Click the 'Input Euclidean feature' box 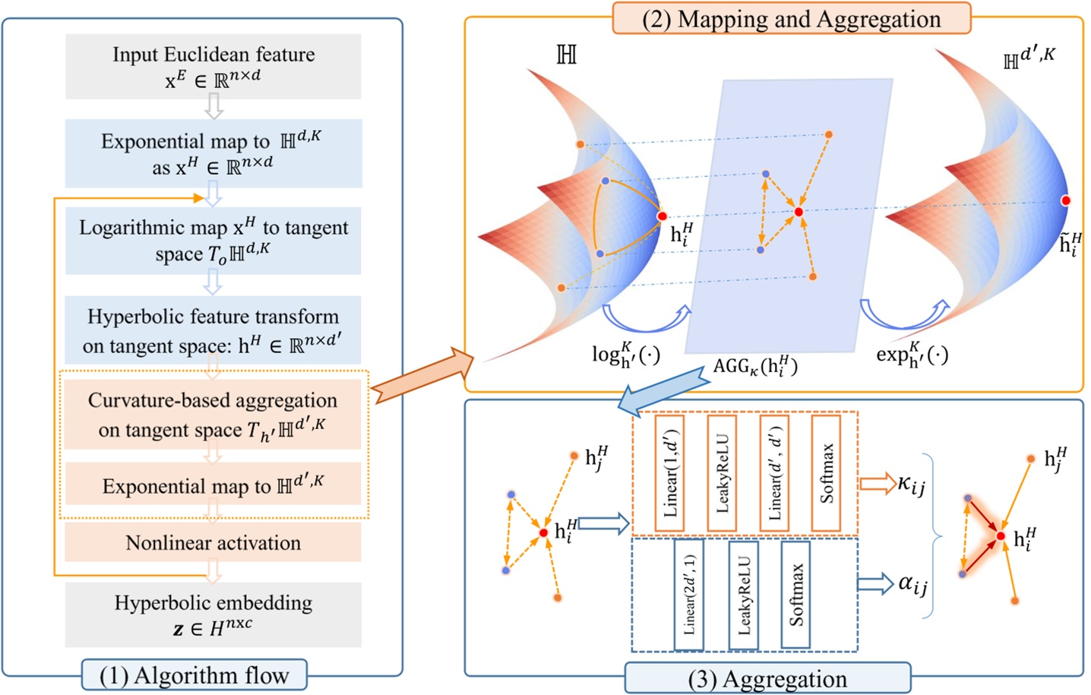click(213, 66)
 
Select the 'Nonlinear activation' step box click(213, 543)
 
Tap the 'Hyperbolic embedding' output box click(213, 614)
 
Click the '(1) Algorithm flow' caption click(194, 675)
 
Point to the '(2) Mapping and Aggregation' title click(791, 19)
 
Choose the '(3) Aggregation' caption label click(767, 678)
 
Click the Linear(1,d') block click(669, 473)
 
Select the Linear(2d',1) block click(689, 595)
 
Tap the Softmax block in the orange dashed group click(826, 473)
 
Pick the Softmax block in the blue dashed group click(795, 595)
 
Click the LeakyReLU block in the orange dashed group click(721, 473)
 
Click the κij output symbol click(911, 484)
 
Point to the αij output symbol click(912, 584)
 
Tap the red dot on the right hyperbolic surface click(1066, 201)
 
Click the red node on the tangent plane click(798, 212)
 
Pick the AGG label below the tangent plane click(755, 367)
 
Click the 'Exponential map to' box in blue click(213, 153)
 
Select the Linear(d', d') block click(774, 473)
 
